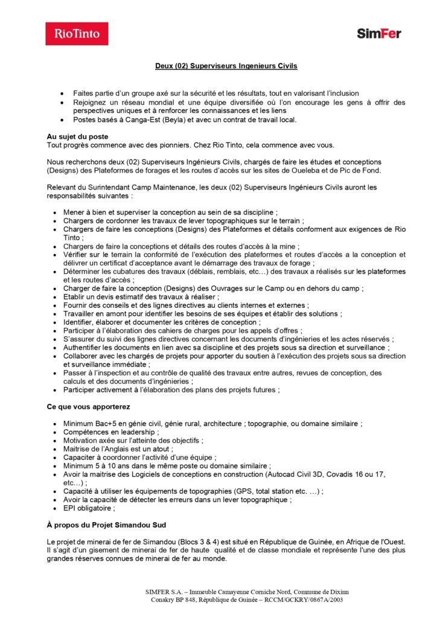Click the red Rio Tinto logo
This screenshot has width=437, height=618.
[x=77, y=34]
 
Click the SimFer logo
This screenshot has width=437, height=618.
[x=378, y=34]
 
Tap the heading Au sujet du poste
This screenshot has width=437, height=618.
[x=78, y=136]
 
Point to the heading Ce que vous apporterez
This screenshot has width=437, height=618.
[x=88, y=407]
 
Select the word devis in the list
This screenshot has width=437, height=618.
[x=103, y=297]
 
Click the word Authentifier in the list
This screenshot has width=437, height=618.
[x=85, y=348]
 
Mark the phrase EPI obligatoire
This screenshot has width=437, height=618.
[x=89, y=508]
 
